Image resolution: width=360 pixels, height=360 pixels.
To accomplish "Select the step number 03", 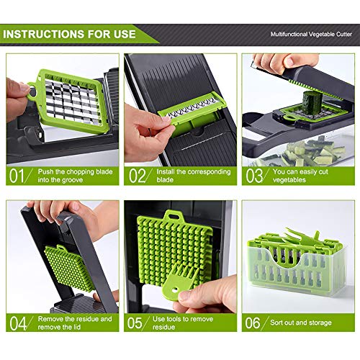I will tap(255, 176).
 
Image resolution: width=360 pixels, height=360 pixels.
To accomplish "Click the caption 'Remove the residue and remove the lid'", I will tap(72, 323).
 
